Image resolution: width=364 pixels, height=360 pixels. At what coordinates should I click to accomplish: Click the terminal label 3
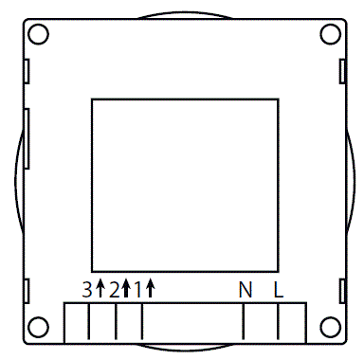click(x=87, y=290)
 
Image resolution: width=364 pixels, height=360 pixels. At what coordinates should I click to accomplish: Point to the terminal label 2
click(x=114, y=290)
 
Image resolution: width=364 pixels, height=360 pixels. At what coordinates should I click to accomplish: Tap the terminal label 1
click(x=138, y=290)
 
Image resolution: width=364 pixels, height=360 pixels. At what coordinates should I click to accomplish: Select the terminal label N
click(x=245, y=290)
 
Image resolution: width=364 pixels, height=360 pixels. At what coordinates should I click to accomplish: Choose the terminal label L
click(x=279, y=290)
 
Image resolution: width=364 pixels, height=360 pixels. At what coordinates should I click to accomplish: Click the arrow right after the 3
click(x=100, y=289)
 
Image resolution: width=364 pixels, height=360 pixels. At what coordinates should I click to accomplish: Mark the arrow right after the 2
click(x=126, y=289)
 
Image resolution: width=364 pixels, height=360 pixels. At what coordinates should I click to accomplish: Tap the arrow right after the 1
click(x=150, y=289)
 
